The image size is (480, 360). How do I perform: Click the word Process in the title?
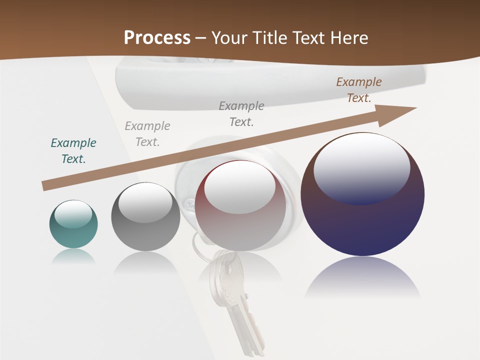[x=157, y=38]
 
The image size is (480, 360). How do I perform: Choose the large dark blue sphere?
[x=362, y=220]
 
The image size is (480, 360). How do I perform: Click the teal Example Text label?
[x=73, y=151]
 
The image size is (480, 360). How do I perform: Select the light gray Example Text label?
[x=147, y=134]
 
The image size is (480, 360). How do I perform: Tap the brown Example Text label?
[x=358, y=90]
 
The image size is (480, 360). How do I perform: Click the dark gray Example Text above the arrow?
[x=241, y=114]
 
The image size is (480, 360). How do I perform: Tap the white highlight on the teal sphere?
[x=73, y=214]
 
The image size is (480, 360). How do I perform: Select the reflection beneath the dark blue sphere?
[x=362, y=277]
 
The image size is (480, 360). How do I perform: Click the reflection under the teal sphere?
[x=73, y=256]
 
